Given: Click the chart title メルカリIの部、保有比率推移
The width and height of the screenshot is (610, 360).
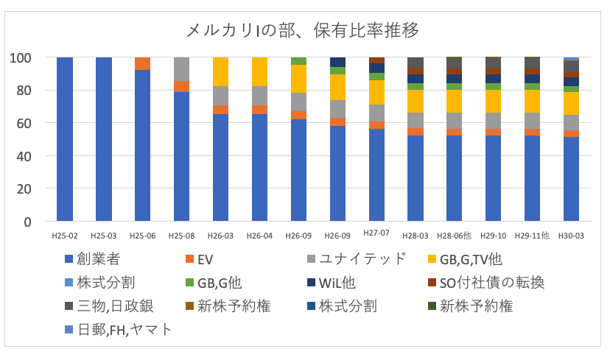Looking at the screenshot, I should pos(304,30).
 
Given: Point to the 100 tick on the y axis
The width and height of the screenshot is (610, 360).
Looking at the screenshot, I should pos(24,57).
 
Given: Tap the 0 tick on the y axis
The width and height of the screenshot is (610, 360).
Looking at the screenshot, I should pos(29,222).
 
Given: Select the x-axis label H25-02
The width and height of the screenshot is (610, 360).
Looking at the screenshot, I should pos(65,236).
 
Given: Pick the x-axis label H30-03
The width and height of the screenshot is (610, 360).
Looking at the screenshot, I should pos(571,236).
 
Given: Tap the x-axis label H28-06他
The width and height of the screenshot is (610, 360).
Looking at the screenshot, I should pos(455,236).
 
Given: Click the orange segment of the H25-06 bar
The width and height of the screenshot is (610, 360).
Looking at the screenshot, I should pos(143,63).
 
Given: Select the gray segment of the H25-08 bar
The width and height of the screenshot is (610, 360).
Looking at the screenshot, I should pos(182,68).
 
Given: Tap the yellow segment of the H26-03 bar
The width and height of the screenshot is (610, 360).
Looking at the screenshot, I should pos(221,71).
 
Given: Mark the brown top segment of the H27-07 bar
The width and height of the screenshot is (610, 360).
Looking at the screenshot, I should pos(376,60).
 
